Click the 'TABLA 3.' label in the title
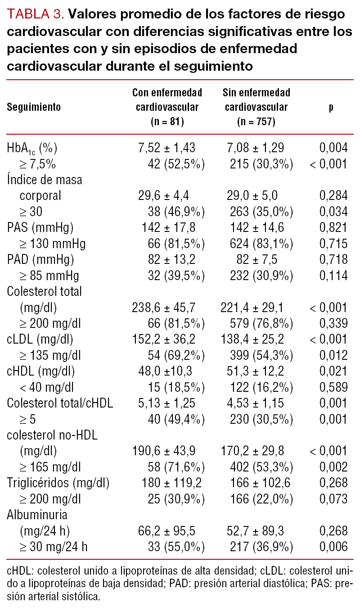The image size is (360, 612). pos(36,14)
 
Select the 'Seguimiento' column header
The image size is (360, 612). pos(34,108)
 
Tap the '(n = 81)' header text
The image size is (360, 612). pos(167,122)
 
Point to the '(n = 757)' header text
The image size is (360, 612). pos(256,122)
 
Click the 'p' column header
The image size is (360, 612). pos(331,108)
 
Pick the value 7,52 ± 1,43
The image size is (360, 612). pos(166,148)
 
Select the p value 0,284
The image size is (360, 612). pos(333,195)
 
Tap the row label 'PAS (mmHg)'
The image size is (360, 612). pos(40,227)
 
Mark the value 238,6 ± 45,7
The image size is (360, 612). pos(163,308)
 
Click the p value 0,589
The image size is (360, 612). pos(333,387)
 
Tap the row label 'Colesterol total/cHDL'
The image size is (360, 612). pos(60,403)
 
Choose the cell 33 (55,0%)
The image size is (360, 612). pos(176,547)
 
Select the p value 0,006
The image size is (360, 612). pos(333,547)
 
